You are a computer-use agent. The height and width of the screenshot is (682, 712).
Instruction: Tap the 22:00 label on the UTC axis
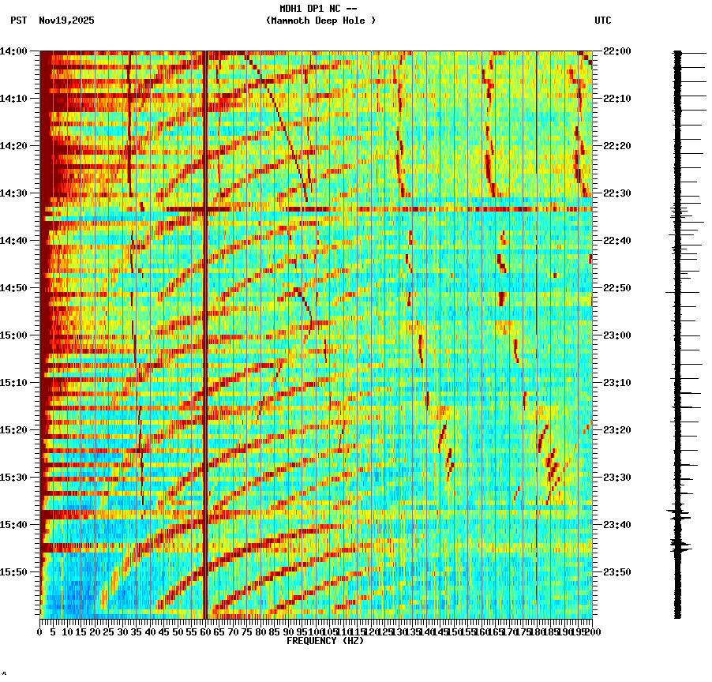click(x=616, y=51)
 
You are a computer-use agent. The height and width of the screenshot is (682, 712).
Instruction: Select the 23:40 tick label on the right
click(x=616, y=525)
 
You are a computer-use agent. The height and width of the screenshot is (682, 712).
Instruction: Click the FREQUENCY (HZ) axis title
click(x=325, y=641)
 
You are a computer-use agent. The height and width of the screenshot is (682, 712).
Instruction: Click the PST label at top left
click(x=19, y=21)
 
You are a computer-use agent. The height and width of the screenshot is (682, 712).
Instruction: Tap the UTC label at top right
click(x=602, y=21)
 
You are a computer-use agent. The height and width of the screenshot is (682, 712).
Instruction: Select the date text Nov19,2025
click(x=66, y=21)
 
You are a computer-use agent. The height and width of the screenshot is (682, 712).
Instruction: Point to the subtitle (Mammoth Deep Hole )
click(x=320, y=21)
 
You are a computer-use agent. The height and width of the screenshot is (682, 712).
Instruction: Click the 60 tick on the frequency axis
click(x=205, y=632)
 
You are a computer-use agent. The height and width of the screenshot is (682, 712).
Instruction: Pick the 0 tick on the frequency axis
click(x=40, y=632)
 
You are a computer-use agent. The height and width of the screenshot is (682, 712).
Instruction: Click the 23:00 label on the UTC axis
click(x=616, y=335)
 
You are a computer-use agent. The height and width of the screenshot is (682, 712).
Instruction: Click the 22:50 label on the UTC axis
click(x=616, y=288)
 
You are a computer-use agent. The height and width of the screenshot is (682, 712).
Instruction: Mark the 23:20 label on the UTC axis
click(x=616, y=430)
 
